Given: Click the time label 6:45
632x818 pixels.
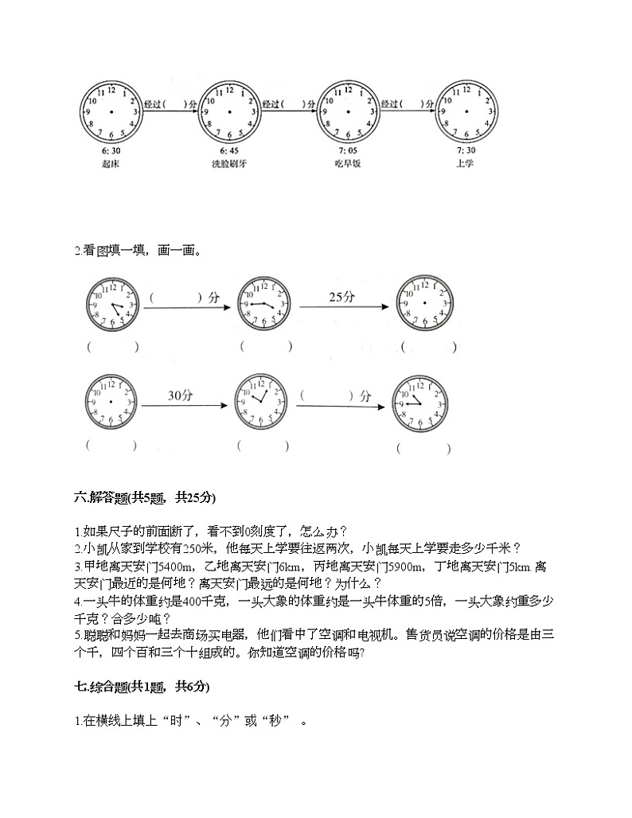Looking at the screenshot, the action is tap(229, 151).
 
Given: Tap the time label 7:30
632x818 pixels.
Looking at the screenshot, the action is tap(466, 151).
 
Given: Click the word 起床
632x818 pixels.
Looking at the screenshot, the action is tap(111, 164).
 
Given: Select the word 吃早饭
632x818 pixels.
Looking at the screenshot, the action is tap(349, 164).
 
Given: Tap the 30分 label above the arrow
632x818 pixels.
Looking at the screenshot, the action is tap(181, 395).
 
